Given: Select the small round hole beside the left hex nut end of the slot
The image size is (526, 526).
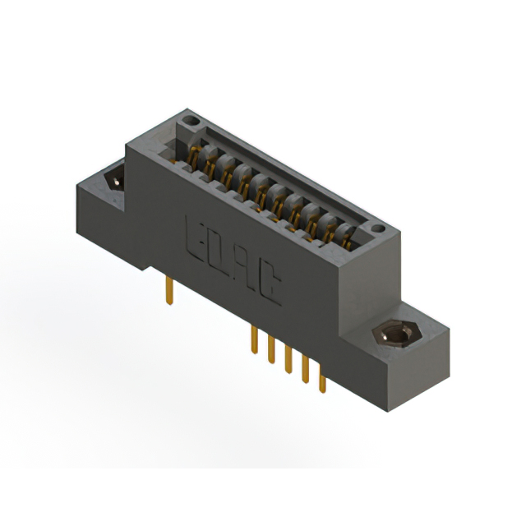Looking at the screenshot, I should (x=191, y=122).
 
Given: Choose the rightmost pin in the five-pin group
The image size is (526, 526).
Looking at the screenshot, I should (x=322, y=381).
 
